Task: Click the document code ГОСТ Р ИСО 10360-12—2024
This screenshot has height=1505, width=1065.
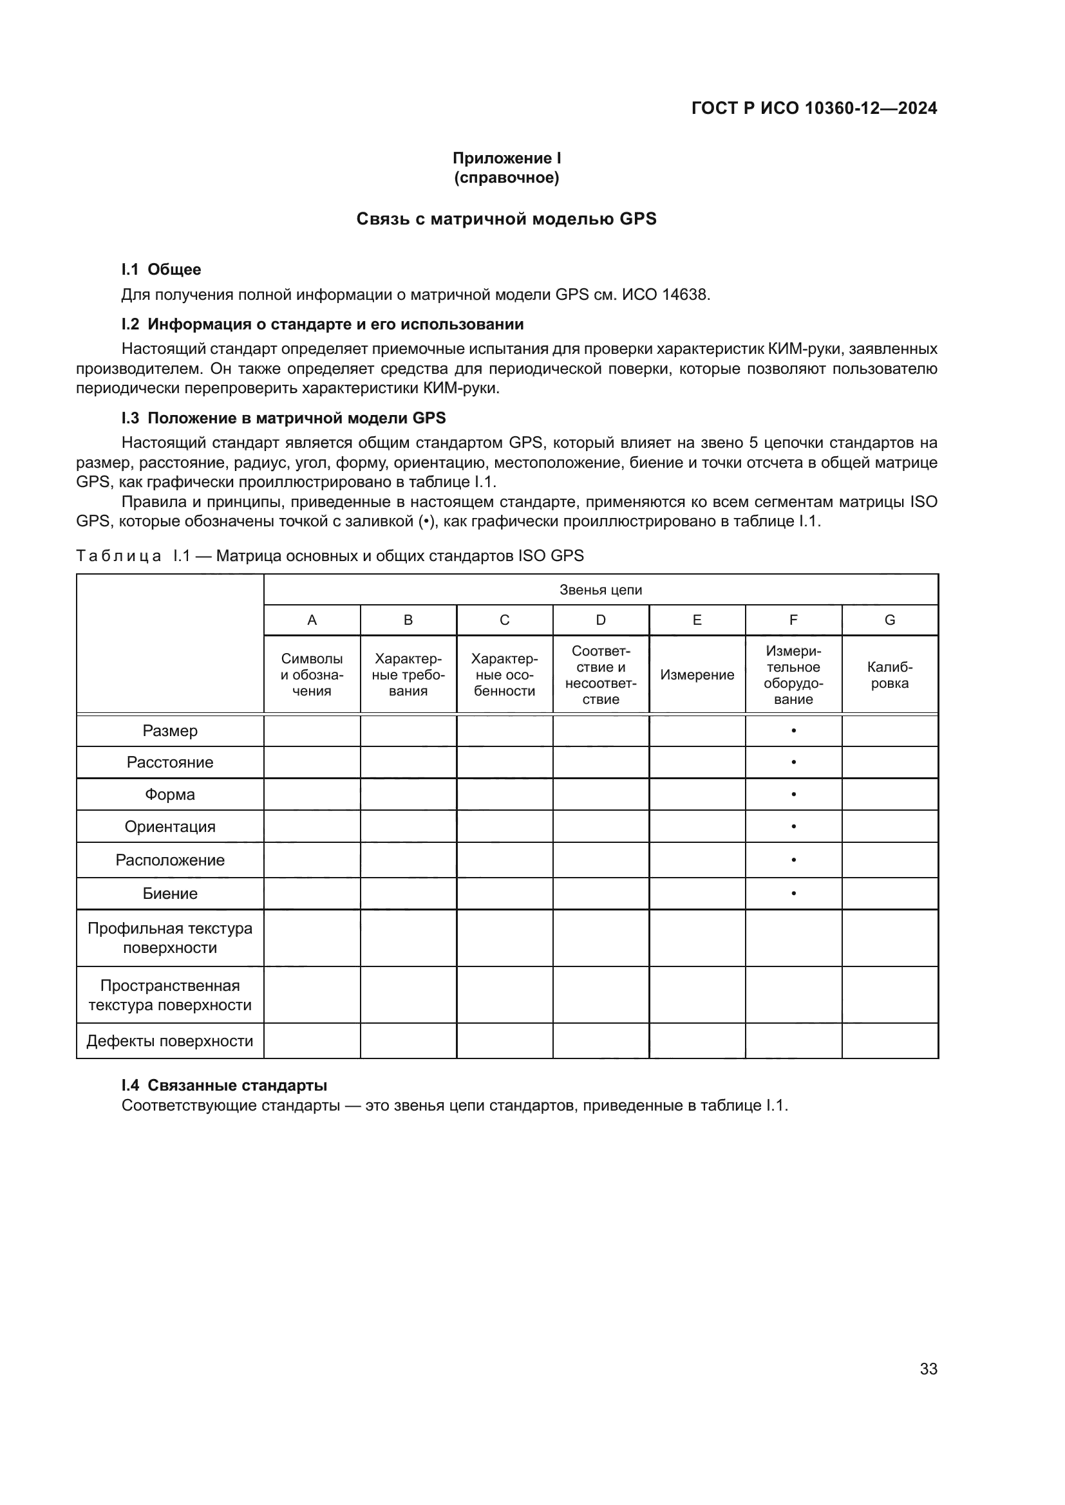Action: point(814,108)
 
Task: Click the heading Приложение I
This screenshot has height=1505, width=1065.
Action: point(506,158)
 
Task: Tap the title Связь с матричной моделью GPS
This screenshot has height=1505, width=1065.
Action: point(506,219)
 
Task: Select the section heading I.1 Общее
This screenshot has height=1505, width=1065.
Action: point(162,270)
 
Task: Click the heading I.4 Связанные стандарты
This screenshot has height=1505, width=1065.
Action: point(224,1085)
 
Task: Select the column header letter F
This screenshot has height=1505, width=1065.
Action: point(793,620)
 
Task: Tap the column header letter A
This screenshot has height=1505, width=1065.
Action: point(312,620)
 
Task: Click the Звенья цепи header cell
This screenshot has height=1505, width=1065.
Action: point(600,590)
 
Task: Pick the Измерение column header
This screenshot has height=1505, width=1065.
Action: point(697,675)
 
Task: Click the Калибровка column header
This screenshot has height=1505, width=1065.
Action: point(889,675)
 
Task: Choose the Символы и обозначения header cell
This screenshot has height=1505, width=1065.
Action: point(312,675)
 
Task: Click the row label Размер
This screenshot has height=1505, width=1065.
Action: point(170,731)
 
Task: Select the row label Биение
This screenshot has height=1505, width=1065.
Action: point(170,894)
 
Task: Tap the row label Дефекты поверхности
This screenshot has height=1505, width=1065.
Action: point(170,1041)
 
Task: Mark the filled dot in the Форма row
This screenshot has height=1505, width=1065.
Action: point(793,795)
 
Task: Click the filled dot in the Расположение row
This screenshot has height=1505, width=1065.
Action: point(793,860)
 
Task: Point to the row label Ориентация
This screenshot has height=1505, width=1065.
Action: point(170,827)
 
